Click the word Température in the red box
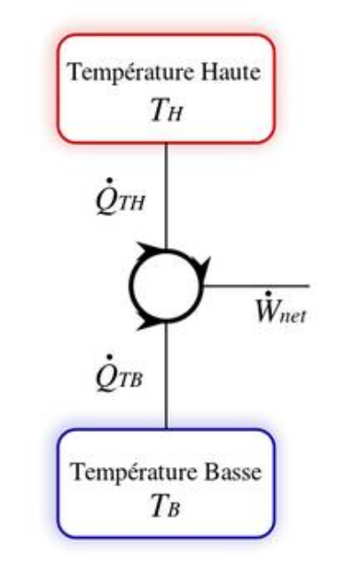(130, 73)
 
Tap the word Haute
(231, 72)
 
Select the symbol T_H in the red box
(166, 110)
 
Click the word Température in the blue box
(134, 472)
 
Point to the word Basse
(233, 472)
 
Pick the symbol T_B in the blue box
(166, 505)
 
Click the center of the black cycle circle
(166, 285)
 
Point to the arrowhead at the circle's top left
(150, 250)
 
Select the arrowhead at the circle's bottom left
(149, 322)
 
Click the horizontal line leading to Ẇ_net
(256, 286)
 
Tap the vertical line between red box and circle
(166, 196)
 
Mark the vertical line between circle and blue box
(166, 375)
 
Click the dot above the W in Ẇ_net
(269, 293)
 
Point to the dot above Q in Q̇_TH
(109, 181)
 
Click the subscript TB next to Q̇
(130, 380)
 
